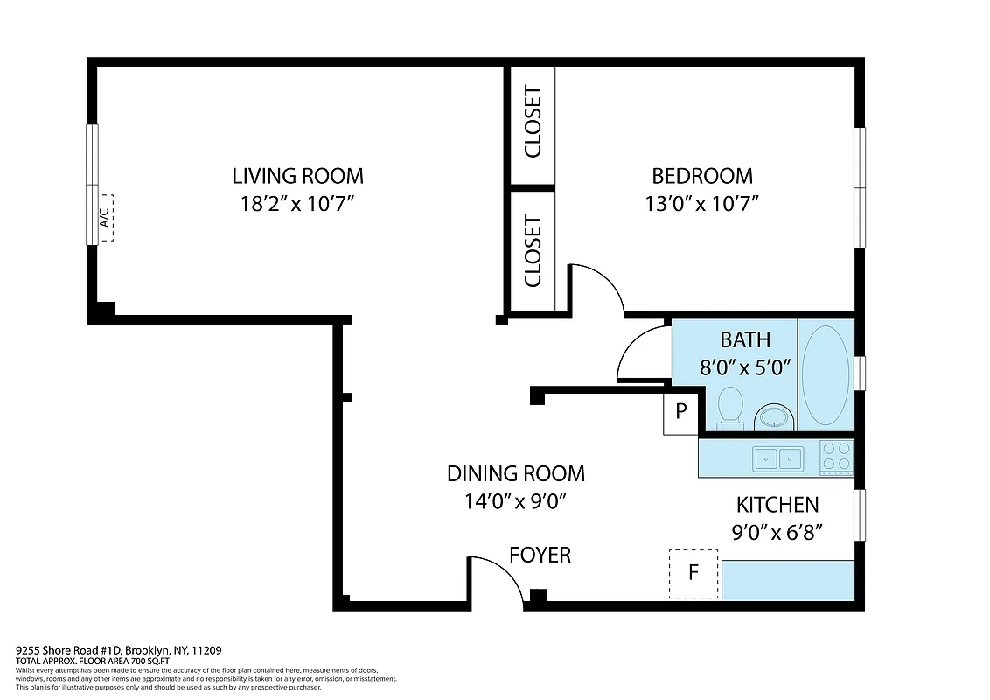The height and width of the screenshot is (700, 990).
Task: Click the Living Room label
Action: (x=297, y=175)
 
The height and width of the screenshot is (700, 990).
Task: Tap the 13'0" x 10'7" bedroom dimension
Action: (x=701, y=204)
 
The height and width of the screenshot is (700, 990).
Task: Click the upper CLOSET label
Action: (x=533, y=122)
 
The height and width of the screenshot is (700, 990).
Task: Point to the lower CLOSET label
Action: (x=533, y=252)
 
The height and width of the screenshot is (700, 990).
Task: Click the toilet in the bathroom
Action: (x=729, y=408)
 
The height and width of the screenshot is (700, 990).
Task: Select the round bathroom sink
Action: (x=772, y=416)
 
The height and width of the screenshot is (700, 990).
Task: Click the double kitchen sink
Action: (x=778, y=458)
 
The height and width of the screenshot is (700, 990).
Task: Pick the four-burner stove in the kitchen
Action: (x=836, y=458)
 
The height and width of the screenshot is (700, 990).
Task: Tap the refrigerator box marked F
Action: (x=694, y=574)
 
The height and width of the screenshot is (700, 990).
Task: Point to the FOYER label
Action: (x=540, y=555)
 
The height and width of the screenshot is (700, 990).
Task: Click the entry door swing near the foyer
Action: (x=497, y=577)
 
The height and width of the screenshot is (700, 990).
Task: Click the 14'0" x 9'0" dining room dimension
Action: (x=516, y=501)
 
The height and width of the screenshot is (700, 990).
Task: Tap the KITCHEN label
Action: (x=777, y=504)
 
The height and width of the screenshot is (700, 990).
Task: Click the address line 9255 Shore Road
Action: (x=119, y=650)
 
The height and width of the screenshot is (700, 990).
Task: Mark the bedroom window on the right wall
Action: (x=859, y=187)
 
